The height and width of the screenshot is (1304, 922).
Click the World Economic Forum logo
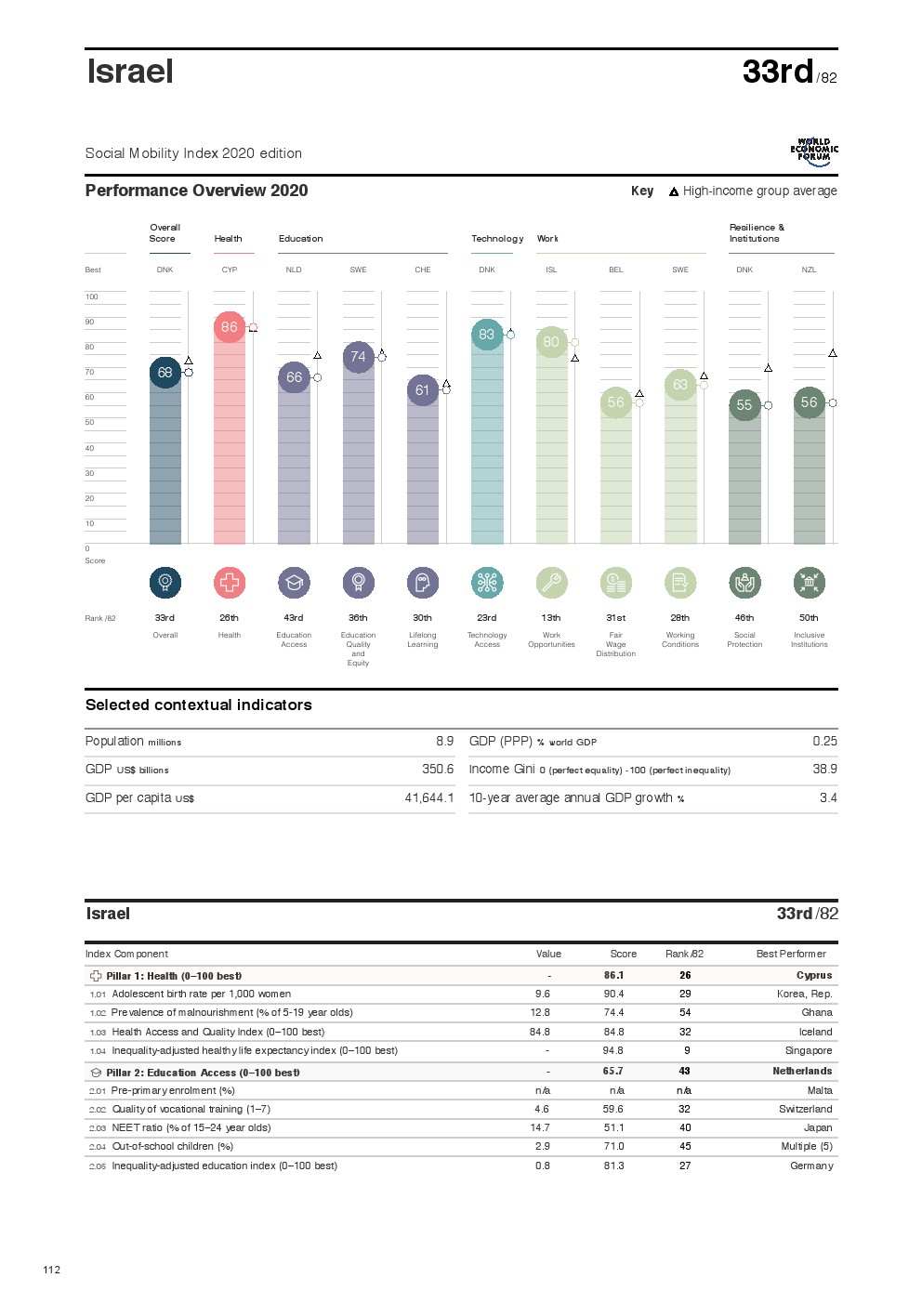814,151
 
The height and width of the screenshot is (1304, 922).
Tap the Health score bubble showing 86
230,327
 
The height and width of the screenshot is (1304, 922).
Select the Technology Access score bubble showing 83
487,335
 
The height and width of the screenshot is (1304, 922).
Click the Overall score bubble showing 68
165,373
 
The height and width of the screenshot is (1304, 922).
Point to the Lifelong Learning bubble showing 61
423,390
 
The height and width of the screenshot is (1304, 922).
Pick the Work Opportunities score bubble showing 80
551,342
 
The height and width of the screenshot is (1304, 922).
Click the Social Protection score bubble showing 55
744,405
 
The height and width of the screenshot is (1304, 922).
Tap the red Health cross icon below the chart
230,583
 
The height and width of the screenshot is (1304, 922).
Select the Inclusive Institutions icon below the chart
810,583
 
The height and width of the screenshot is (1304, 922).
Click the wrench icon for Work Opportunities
551,583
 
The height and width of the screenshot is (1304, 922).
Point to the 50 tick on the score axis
90,422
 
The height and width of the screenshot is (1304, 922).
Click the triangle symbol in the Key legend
674,192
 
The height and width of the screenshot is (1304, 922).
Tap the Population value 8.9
444,742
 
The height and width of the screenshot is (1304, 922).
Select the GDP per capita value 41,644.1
429,798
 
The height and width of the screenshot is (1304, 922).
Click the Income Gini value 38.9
824,770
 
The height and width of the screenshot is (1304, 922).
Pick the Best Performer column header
791,954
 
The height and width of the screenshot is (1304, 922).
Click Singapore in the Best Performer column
809,1051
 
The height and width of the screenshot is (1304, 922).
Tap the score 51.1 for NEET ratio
613,1128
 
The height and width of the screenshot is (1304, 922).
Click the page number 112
52,1270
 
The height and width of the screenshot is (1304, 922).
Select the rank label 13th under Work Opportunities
551,618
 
